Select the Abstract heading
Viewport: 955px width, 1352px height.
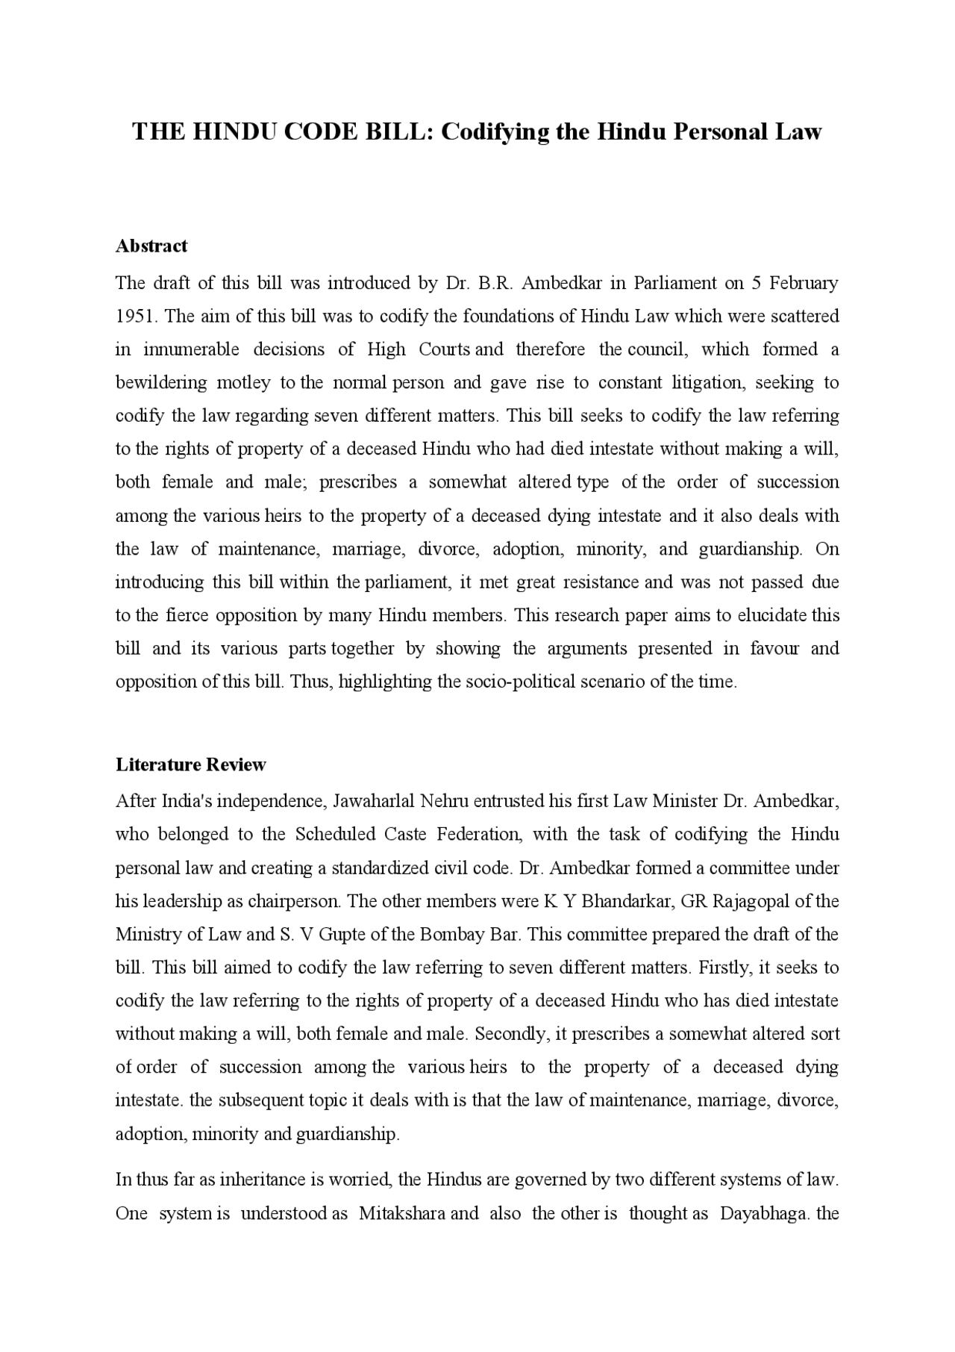pos(151,246)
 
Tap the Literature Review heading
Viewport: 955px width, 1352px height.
pos(190,764)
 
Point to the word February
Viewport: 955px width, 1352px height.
pos(804,283)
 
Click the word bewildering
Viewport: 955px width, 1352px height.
pos(160,383)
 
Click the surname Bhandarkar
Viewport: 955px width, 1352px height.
pos(627,902)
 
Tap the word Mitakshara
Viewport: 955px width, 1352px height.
pos(402,1214)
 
